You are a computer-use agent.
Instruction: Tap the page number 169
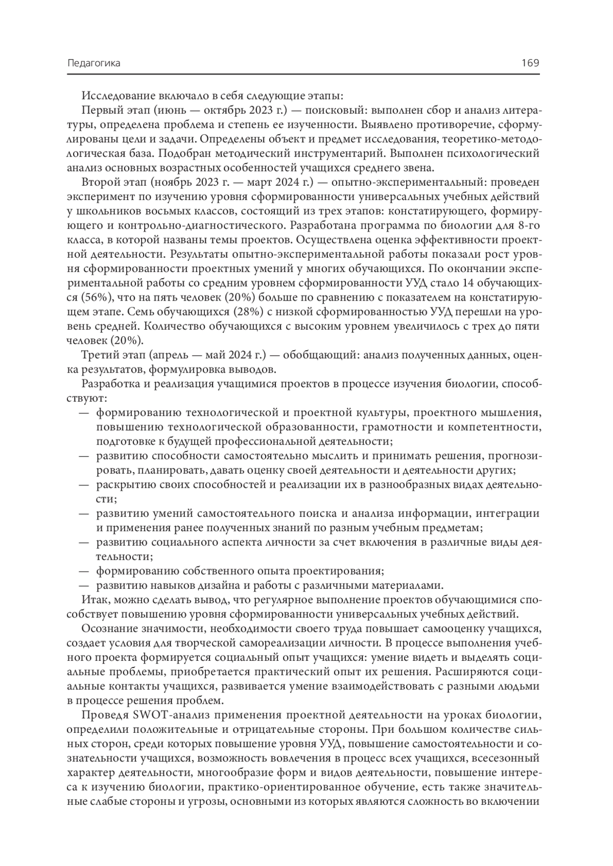coord(530,63)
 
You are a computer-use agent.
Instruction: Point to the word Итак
coord(92,599)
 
